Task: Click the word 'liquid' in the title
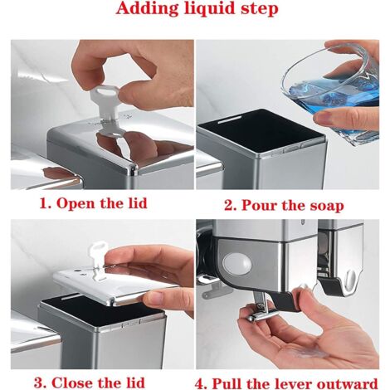[x=209, y=9]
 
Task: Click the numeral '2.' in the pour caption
[x=230, y=206]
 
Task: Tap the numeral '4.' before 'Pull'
[x=202, y=384]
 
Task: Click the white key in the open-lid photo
[x=104, y=103]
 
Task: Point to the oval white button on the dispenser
[x=237, y=262]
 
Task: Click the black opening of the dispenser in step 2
[x=261, y=130]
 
